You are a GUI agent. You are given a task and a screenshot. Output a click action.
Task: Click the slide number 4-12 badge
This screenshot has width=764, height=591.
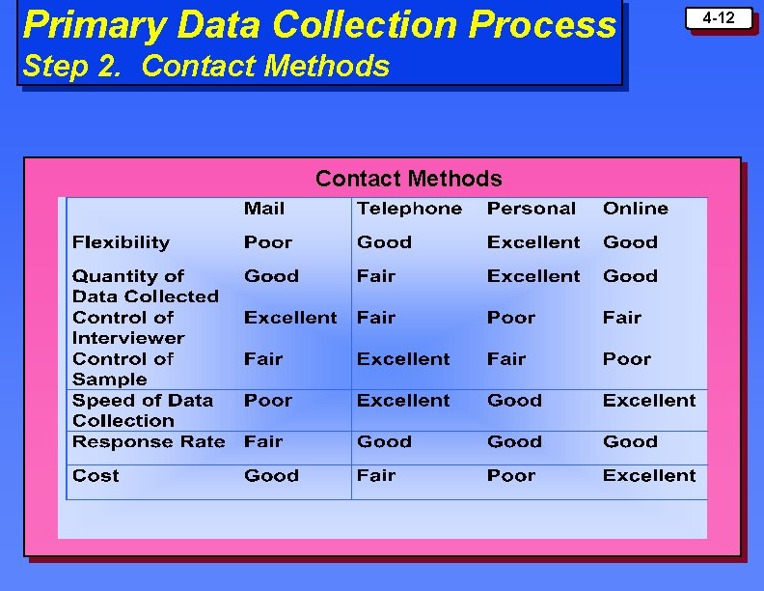pos(718,18)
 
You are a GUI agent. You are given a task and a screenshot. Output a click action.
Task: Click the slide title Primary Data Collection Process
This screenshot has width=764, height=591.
pos(318,25)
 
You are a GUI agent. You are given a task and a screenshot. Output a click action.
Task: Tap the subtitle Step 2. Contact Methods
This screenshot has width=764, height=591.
pos(205,66)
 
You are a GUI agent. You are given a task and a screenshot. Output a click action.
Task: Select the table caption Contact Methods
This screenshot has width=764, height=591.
pos(408,179)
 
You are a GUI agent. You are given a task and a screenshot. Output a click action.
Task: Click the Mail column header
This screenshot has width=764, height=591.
pos(264,209)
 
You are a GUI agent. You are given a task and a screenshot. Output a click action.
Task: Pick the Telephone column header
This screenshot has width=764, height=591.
pos(409,209)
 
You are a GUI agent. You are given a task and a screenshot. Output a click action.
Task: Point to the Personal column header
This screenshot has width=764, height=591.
pos(531,209)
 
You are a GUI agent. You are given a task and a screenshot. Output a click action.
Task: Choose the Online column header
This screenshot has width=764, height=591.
pos(635,209)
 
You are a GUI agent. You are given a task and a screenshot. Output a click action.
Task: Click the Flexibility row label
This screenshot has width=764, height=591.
pos(121,242)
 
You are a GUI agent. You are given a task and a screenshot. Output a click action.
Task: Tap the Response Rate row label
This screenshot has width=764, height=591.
pos(149,442)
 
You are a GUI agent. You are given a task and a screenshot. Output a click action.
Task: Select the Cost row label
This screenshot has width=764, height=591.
pos(95,476)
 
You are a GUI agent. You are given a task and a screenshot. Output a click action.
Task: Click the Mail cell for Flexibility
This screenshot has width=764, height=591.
pos(267,242)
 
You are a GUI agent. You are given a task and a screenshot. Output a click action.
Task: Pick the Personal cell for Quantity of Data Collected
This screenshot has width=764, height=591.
pos(533,276)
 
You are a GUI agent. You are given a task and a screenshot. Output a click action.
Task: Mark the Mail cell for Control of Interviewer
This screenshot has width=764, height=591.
pos(290,318)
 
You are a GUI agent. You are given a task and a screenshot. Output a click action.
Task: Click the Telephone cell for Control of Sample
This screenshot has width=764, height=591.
pos(403,359)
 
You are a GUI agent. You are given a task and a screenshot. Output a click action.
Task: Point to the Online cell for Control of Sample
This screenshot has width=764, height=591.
pos(627,359)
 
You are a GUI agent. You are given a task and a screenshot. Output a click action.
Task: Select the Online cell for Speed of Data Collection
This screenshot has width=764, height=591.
pos(648,401)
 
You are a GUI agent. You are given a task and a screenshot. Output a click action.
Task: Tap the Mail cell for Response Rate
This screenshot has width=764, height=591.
pos(262,442)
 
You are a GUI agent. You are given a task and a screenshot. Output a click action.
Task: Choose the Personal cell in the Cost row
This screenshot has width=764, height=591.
pos(510,476)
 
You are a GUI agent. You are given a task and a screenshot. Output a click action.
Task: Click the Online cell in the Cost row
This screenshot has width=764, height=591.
pos(648,476)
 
